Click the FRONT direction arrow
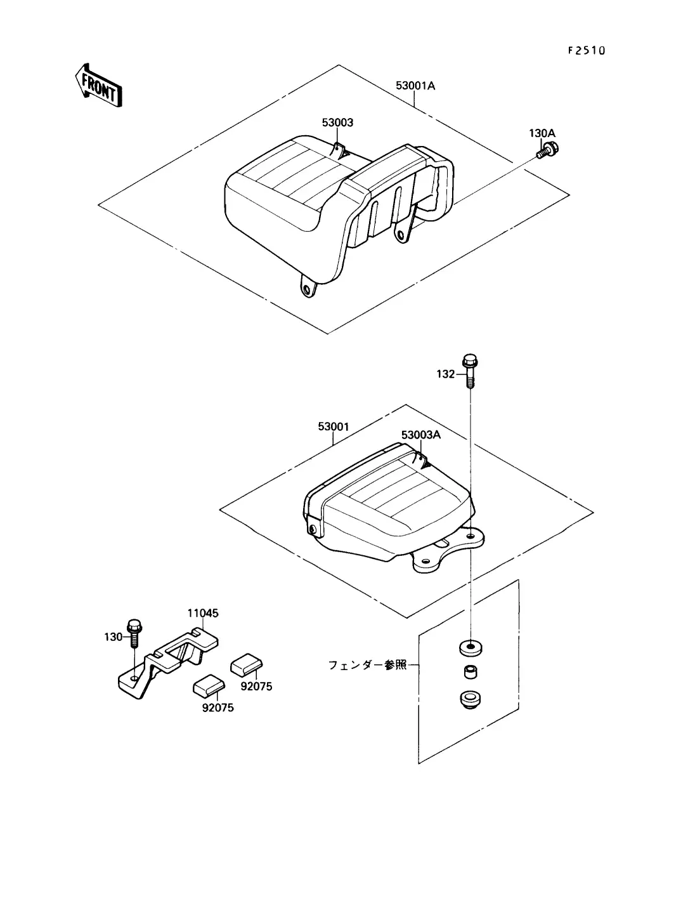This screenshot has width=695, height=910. tap(98, 86)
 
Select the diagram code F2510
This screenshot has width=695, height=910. tap(586, 51)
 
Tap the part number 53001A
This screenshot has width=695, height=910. tap(415, 86)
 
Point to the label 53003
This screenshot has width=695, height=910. tap(337, 122)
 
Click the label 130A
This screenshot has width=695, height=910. tap(542, 133)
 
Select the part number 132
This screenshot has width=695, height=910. tap(446, 374)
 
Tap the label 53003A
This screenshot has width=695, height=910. tap(421, 435)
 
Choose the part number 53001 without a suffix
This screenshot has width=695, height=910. tap(334, 426)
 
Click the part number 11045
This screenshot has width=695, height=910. tap(203, 613)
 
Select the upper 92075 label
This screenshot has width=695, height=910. tap(256, 687)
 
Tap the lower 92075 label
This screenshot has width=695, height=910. tap(218, 708)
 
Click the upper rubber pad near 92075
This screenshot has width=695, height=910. tap(247, 664)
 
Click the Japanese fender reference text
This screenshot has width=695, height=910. tap(367, 665)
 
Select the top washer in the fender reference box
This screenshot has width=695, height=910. tap(471, 647)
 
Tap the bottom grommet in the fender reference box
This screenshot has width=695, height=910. tap(470, 699)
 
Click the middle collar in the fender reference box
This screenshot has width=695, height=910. tap(470, 672)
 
